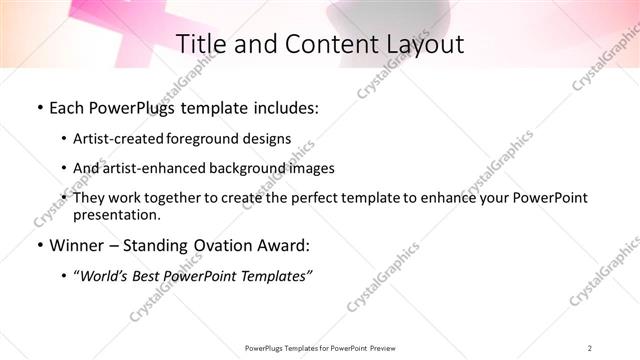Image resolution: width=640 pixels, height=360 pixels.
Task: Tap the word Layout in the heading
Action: (425, 44)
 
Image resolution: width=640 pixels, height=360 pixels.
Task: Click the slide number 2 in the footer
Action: (590, 348)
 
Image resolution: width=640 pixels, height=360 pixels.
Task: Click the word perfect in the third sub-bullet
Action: (311, 198)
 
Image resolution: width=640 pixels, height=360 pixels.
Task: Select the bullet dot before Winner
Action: (39, 245)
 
